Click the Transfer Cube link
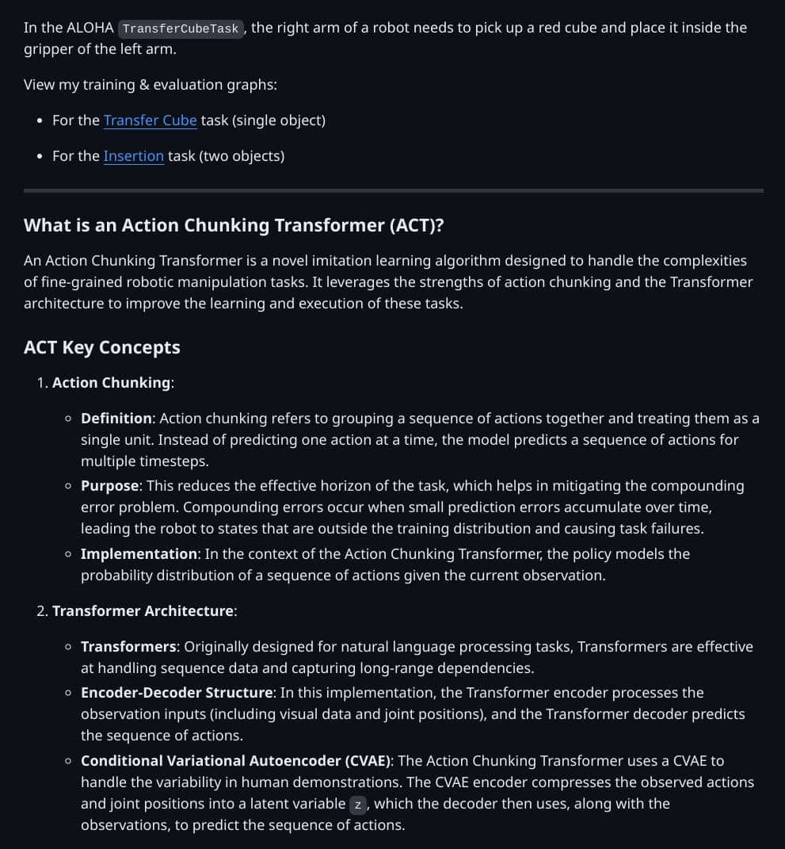pyautogui.click(x=150, y=120)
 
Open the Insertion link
pyautogui.click(x=133, y=156)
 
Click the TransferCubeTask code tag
pyautogui.click(x=181, y=29)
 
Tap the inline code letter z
pyautogui.click(x=358, y=804)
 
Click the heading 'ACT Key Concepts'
pyautogui.click(x=102, y=347)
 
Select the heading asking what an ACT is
pyautogui.click(x=234, y=225)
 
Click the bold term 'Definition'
pyautogui.click(x=116, y=418)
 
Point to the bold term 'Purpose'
pyautogui.click(x=110, y=485)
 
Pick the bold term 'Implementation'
pyautogui.click(x=139, y=553)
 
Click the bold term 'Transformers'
pyautogui.click(x=128, y=647)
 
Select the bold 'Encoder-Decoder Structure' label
pyautogui.click(x=177, y=692)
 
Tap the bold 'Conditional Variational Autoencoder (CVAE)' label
pyautogui.click(x=236, y=760)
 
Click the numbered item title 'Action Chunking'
pyautogui.click(x=111, y=383)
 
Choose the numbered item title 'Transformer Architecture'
pyautogui.click(x=143, y=610)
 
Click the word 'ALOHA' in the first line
pyautogui.click(x=90, y=28)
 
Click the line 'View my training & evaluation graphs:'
pyautogui.click(x=151, y=84)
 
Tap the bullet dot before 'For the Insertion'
pyautogui.click(x=40, y=156)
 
